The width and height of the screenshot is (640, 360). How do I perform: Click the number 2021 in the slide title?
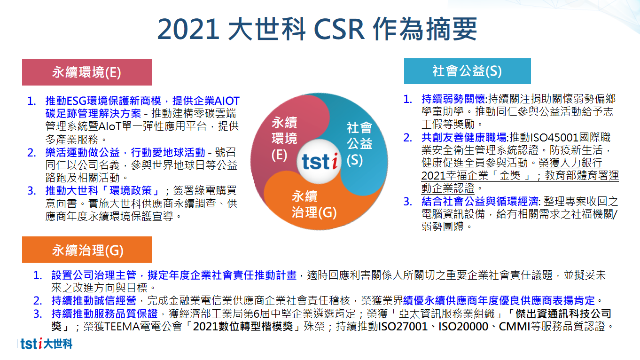tap(188, 29)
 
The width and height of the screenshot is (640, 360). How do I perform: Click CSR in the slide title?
tap(339, 29)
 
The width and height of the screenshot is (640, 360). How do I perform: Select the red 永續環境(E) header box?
tap(87, 72)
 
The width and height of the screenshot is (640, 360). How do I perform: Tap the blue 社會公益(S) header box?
tap(468, 71)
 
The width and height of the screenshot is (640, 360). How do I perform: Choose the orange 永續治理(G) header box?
tap(87, 250)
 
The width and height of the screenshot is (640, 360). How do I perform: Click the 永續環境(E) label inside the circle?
tap(284, 139)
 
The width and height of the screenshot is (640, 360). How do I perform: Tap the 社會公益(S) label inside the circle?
tap(359, 144)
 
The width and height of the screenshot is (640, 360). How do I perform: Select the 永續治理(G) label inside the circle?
tap(314, 204)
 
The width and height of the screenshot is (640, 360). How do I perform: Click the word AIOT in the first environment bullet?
tap(226, 101)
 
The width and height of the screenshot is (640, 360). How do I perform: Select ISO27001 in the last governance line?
tap(403, 326)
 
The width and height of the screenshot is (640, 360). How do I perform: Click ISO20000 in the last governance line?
tap(463, 326)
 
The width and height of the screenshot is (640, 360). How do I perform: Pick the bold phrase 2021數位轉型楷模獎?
tap(243, 326)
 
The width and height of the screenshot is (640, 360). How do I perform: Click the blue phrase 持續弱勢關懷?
tap(453, 99)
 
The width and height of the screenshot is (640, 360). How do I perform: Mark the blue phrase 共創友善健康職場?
tap(464, 138)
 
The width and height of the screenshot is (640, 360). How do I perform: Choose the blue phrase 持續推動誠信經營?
tap(94, 301)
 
